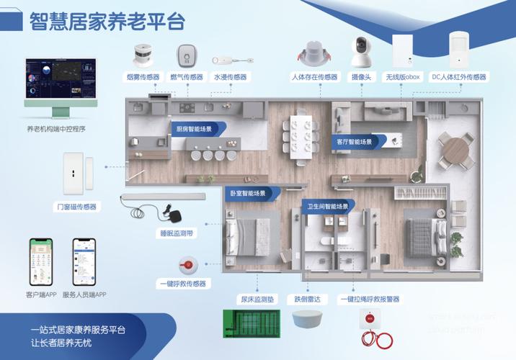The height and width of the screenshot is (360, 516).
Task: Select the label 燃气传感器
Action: pos(187,77)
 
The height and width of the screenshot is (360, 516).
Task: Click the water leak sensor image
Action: pos(230,61)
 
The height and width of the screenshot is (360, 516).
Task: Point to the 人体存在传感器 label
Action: pos(314,77)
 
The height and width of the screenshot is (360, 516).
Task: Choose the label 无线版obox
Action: pos(402,77)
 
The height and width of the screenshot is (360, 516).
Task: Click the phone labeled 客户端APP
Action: pos(41,262)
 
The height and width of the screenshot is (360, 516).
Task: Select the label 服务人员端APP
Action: pos(84,295)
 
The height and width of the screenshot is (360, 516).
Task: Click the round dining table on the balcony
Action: pos(457,149)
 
